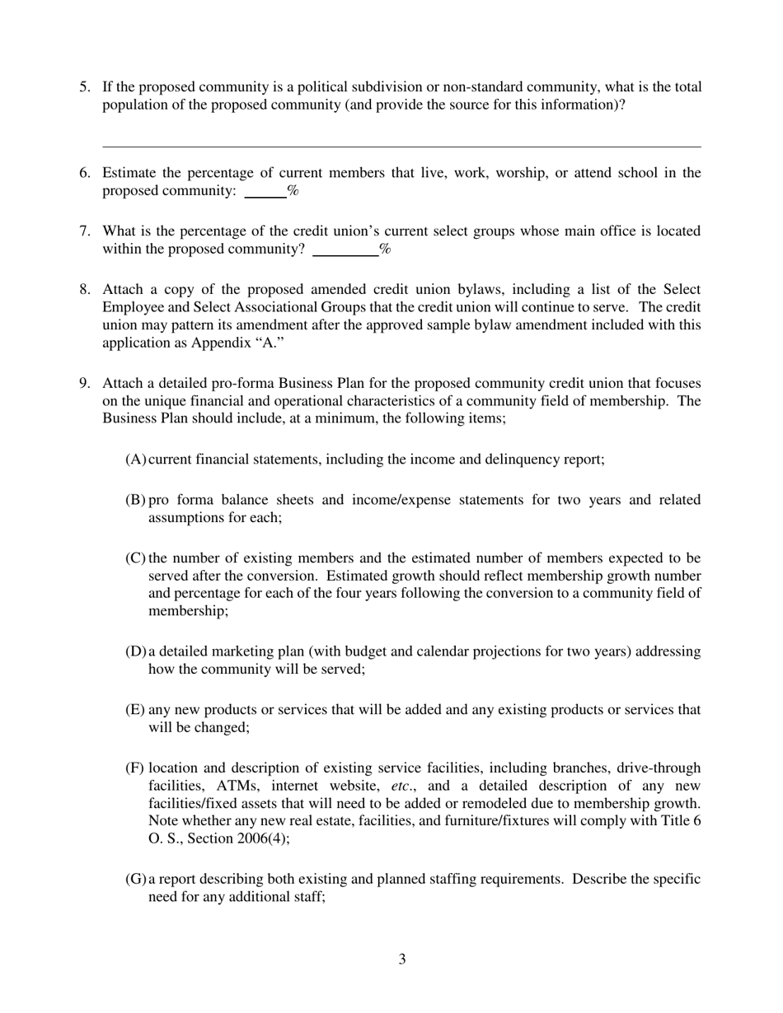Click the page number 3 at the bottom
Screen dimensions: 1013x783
[x=401, y=959]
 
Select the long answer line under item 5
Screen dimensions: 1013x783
[x=401, y=147]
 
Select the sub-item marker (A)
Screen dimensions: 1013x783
[x=135, y=459]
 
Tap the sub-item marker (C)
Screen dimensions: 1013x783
[x=135, y=558]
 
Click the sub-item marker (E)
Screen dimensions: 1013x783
[x=135, y=709]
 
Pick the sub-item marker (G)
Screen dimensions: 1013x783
[x=135, y=879]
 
